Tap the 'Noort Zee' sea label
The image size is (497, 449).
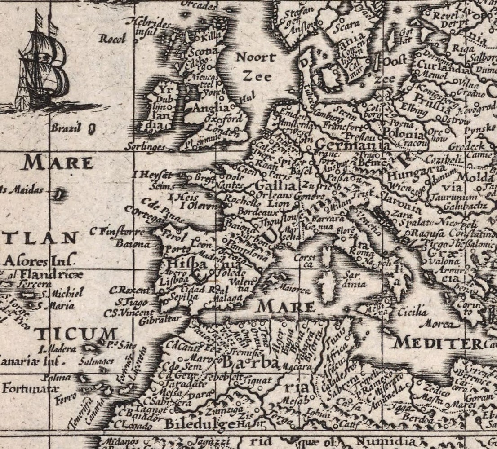(x=255, y=66)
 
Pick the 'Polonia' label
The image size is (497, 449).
(x=403, y=134)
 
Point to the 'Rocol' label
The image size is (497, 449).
(x=112, y=39)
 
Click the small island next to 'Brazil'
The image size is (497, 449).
(x=92, y=129)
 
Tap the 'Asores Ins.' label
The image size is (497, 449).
(x=38, y=260)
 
